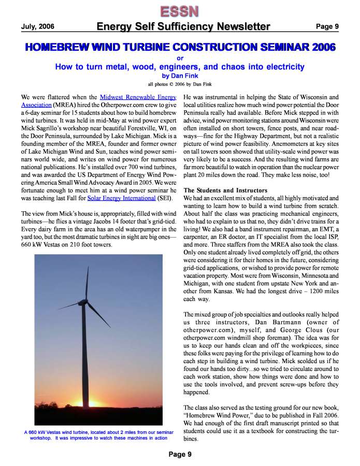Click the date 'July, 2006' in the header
(x=37, y=26)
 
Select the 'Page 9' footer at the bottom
(x=180, y=454)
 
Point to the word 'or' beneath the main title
(x=180, y=58)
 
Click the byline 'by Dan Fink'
(x=180, y=75)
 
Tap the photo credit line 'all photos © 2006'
(x=180, y=84)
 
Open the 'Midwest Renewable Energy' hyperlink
(x=139, y=97)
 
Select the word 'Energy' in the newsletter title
(x=117, y=26)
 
